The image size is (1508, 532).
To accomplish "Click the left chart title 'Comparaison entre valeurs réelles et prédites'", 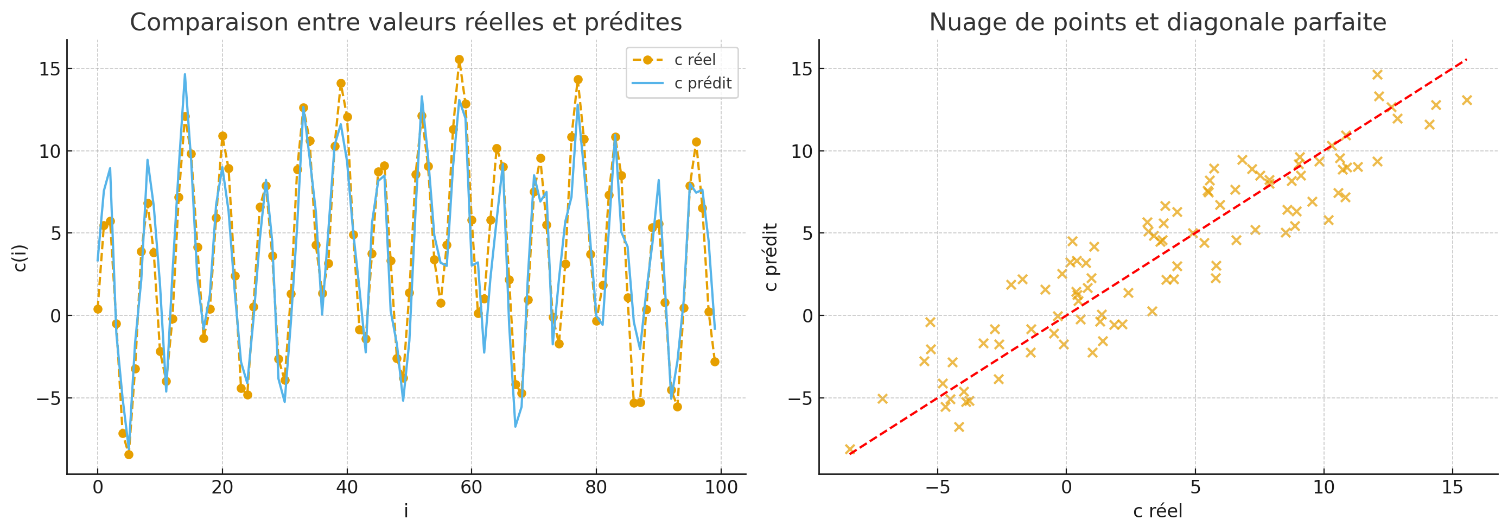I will point(406,22).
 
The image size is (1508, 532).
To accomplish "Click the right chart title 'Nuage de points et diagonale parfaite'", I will point(1157,22).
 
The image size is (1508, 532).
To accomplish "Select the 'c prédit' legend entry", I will point(703,83).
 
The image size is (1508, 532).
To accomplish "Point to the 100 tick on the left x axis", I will point(721,487).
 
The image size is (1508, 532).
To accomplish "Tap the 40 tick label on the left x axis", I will point(347,487).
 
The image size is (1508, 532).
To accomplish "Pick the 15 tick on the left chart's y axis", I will point(50,69).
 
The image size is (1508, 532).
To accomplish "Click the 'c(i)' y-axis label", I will point(20,258).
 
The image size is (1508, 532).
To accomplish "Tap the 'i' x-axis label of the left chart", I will point(406,511).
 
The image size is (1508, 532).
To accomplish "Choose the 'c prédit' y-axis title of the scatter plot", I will point(771,257).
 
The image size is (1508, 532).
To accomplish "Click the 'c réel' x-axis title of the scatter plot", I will point(1157,511).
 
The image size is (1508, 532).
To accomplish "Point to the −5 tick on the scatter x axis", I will point(937,487).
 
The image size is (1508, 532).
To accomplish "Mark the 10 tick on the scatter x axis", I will point(1324,487).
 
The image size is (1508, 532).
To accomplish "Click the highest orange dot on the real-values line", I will point(459,60).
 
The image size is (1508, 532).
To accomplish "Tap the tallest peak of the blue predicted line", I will point(184,74).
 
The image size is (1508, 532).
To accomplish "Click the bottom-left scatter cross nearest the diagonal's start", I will point(850,449).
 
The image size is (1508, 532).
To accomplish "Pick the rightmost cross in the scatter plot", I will point(1466,100).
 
